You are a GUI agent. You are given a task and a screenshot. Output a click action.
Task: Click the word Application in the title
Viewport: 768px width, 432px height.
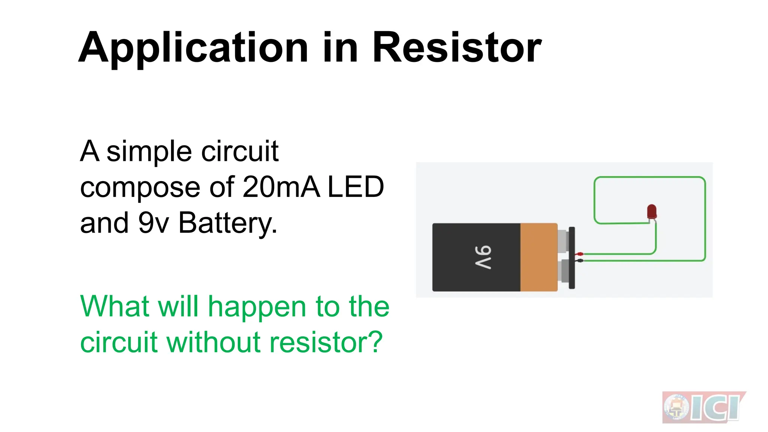pyautogui.click(x=193, y=48)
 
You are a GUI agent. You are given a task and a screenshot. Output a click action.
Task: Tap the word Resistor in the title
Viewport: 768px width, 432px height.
pyautogui.click(x=457, y=48)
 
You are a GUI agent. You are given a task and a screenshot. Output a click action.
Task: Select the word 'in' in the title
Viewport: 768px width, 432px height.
pyautogui.click(x=340, y=48)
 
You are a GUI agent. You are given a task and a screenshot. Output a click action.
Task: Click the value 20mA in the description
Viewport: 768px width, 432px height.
pyautogui.click(x=281, y=187)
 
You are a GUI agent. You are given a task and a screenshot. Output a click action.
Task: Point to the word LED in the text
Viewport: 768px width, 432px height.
pyautogui.click(x=356, y=187)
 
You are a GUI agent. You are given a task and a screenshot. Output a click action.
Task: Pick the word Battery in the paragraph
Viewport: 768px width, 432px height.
pyautogui.click(x=228, y=223)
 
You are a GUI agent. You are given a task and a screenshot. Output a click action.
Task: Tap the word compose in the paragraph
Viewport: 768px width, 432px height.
pyautogui.click(x=140, y=187)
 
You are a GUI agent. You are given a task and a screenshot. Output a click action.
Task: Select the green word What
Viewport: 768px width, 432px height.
pyautogui.click(x=115, y=306)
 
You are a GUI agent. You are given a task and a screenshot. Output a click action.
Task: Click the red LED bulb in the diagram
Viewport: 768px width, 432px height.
pyautogui.click(x=652, y=212)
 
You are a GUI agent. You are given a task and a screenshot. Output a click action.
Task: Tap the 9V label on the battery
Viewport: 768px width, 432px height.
pyautogui.click(x=483, y=257)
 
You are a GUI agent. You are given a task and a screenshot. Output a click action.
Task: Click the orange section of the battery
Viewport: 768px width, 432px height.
pyautogui.click(x=538, y=257)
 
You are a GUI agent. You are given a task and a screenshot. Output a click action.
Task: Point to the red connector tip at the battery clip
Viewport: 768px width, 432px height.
pyautogui.click(x=580, y=254)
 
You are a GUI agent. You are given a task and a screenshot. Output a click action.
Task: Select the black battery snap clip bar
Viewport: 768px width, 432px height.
pyautogui.click(x=572, y=258)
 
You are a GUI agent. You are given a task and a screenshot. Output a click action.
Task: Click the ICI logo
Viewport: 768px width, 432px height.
pyautogui.click(x=703, y=407)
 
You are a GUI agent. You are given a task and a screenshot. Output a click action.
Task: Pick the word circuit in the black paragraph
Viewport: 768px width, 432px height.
pyautogui.click(x=240, y=151)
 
